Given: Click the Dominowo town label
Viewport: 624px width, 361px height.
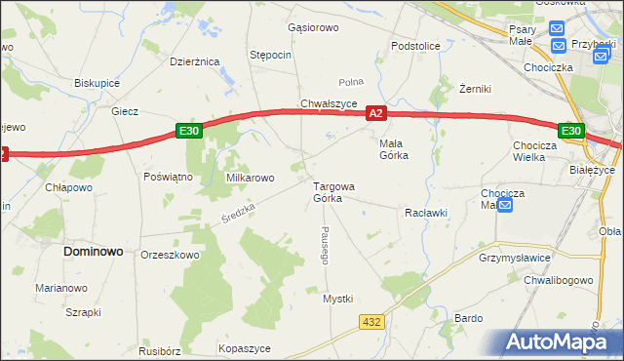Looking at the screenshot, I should click(94, 251).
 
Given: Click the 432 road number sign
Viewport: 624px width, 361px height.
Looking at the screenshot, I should click(370, 322).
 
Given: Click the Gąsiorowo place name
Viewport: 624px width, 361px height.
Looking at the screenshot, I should click(313, 27).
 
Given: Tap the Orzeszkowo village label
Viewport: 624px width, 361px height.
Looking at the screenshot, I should click(170, 255).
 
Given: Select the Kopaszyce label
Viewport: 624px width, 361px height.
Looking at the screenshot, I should click(245, 348).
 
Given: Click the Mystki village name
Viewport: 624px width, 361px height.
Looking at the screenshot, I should click(337, 299).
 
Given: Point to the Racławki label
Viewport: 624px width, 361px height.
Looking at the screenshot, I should click(425, 212).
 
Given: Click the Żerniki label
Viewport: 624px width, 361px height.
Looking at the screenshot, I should click(474, 89).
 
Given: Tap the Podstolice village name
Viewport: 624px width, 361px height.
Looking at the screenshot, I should click(415, 46).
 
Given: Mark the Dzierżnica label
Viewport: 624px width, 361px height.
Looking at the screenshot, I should click(195, 61).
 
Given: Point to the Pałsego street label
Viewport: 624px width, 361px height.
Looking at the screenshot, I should click(323, 246).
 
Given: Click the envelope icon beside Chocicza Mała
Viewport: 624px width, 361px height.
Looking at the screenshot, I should click(504, 206).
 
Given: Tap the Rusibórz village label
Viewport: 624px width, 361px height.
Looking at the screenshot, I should click(161, 352).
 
